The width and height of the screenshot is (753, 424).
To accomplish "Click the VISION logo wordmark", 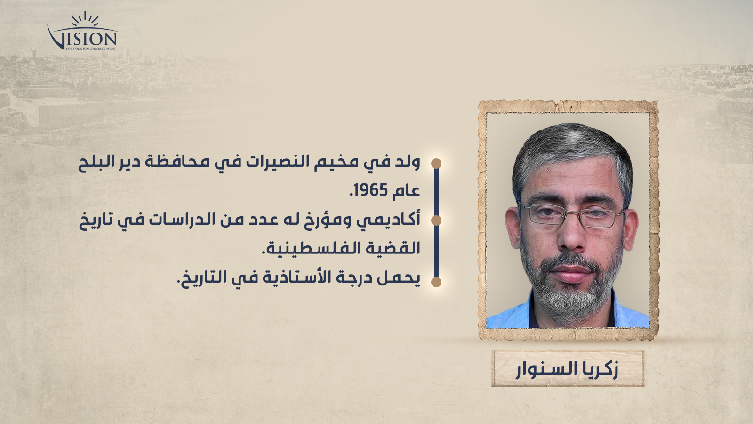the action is [x=82, y=38].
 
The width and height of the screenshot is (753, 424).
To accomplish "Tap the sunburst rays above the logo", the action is [x=85, y=19].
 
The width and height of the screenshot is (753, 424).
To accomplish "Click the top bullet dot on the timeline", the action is [x=436, y=163].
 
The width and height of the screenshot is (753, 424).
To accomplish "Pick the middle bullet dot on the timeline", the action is [x=436, y=220].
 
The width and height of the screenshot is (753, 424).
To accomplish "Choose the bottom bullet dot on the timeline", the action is [x=436, y=282].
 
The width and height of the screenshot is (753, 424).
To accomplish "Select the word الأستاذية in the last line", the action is [x=299, y=277].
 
